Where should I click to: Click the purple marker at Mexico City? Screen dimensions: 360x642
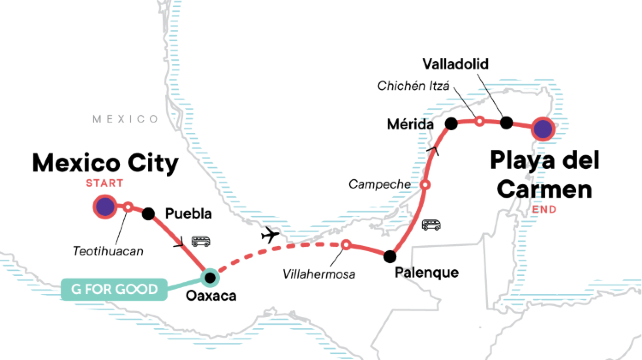[104, 207]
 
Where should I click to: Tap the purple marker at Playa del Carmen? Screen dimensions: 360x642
[542, 127]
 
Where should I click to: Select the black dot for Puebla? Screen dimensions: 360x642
[148, 212]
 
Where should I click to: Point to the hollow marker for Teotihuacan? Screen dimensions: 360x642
[127, 207]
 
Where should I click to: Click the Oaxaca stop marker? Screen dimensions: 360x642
[210, 276]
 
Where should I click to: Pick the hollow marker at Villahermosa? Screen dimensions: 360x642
[346, 245]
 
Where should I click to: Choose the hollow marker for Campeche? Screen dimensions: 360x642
[425, 185]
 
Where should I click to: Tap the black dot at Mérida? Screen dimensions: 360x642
[423, 123]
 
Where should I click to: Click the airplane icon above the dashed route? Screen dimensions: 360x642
[270, 234]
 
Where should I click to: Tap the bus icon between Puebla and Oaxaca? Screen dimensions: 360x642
[200, 241]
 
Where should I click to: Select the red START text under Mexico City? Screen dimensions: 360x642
[105, 183]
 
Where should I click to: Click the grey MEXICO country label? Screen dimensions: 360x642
[126, 119]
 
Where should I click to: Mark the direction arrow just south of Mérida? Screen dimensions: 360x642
[432, 150]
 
